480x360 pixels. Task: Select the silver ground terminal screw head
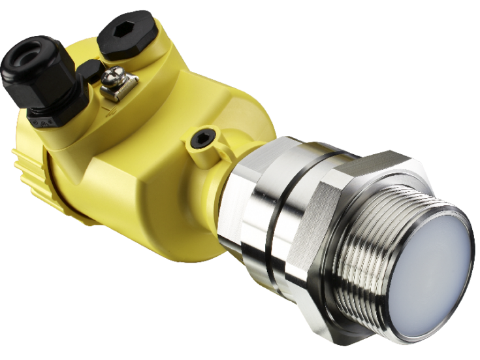(x=119, y=76)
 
